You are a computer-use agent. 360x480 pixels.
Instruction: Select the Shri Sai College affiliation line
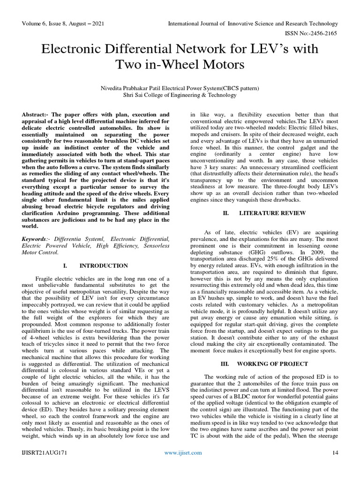180,95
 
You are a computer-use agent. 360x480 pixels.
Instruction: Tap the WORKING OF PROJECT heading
272,364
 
